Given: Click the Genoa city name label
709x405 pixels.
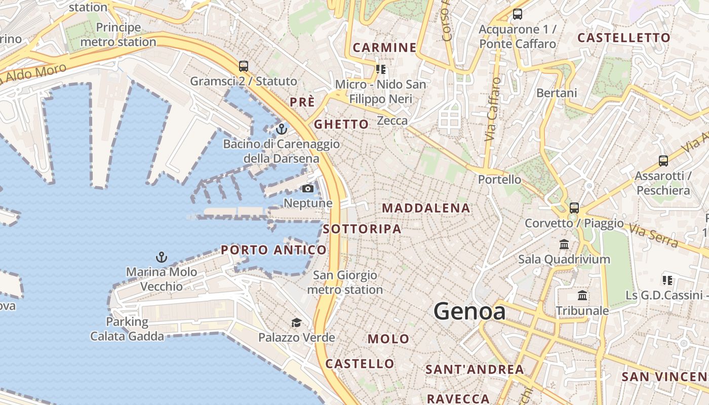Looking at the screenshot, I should (469, 311).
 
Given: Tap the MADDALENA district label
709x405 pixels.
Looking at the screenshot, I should (426, 208).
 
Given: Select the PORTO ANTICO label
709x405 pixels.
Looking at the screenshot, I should (273, 250).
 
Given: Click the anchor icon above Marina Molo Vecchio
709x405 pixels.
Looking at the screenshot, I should (161, 257).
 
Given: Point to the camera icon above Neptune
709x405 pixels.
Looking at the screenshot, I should (307, 189).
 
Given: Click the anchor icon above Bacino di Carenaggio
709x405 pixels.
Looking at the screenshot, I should (282, 129).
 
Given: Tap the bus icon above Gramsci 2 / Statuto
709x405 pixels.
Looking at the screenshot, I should (244, 66).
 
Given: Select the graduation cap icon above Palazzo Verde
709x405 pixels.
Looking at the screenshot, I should (296, 322).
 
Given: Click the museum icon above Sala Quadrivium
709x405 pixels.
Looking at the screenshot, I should (564, 245).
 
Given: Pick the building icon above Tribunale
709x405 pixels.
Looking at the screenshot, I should (582, 295).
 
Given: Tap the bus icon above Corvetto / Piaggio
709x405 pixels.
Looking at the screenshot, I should (574, 208).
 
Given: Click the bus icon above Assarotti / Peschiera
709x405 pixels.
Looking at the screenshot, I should (663, 161).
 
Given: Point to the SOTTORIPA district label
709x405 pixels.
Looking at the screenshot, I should (362, 229).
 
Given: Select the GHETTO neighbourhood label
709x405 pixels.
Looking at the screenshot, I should (341, 124).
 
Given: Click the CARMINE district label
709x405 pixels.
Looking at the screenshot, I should (384, 48).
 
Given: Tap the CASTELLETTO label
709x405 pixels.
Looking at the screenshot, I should (623, 37).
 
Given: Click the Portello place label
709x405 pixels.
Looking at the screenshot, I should (499, 179).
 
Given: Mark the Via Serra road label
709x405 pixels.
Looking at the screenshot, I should (653, 235).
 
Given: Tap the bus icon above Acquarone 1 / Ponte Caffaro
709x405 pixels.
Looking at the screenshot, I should (517, 14).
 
